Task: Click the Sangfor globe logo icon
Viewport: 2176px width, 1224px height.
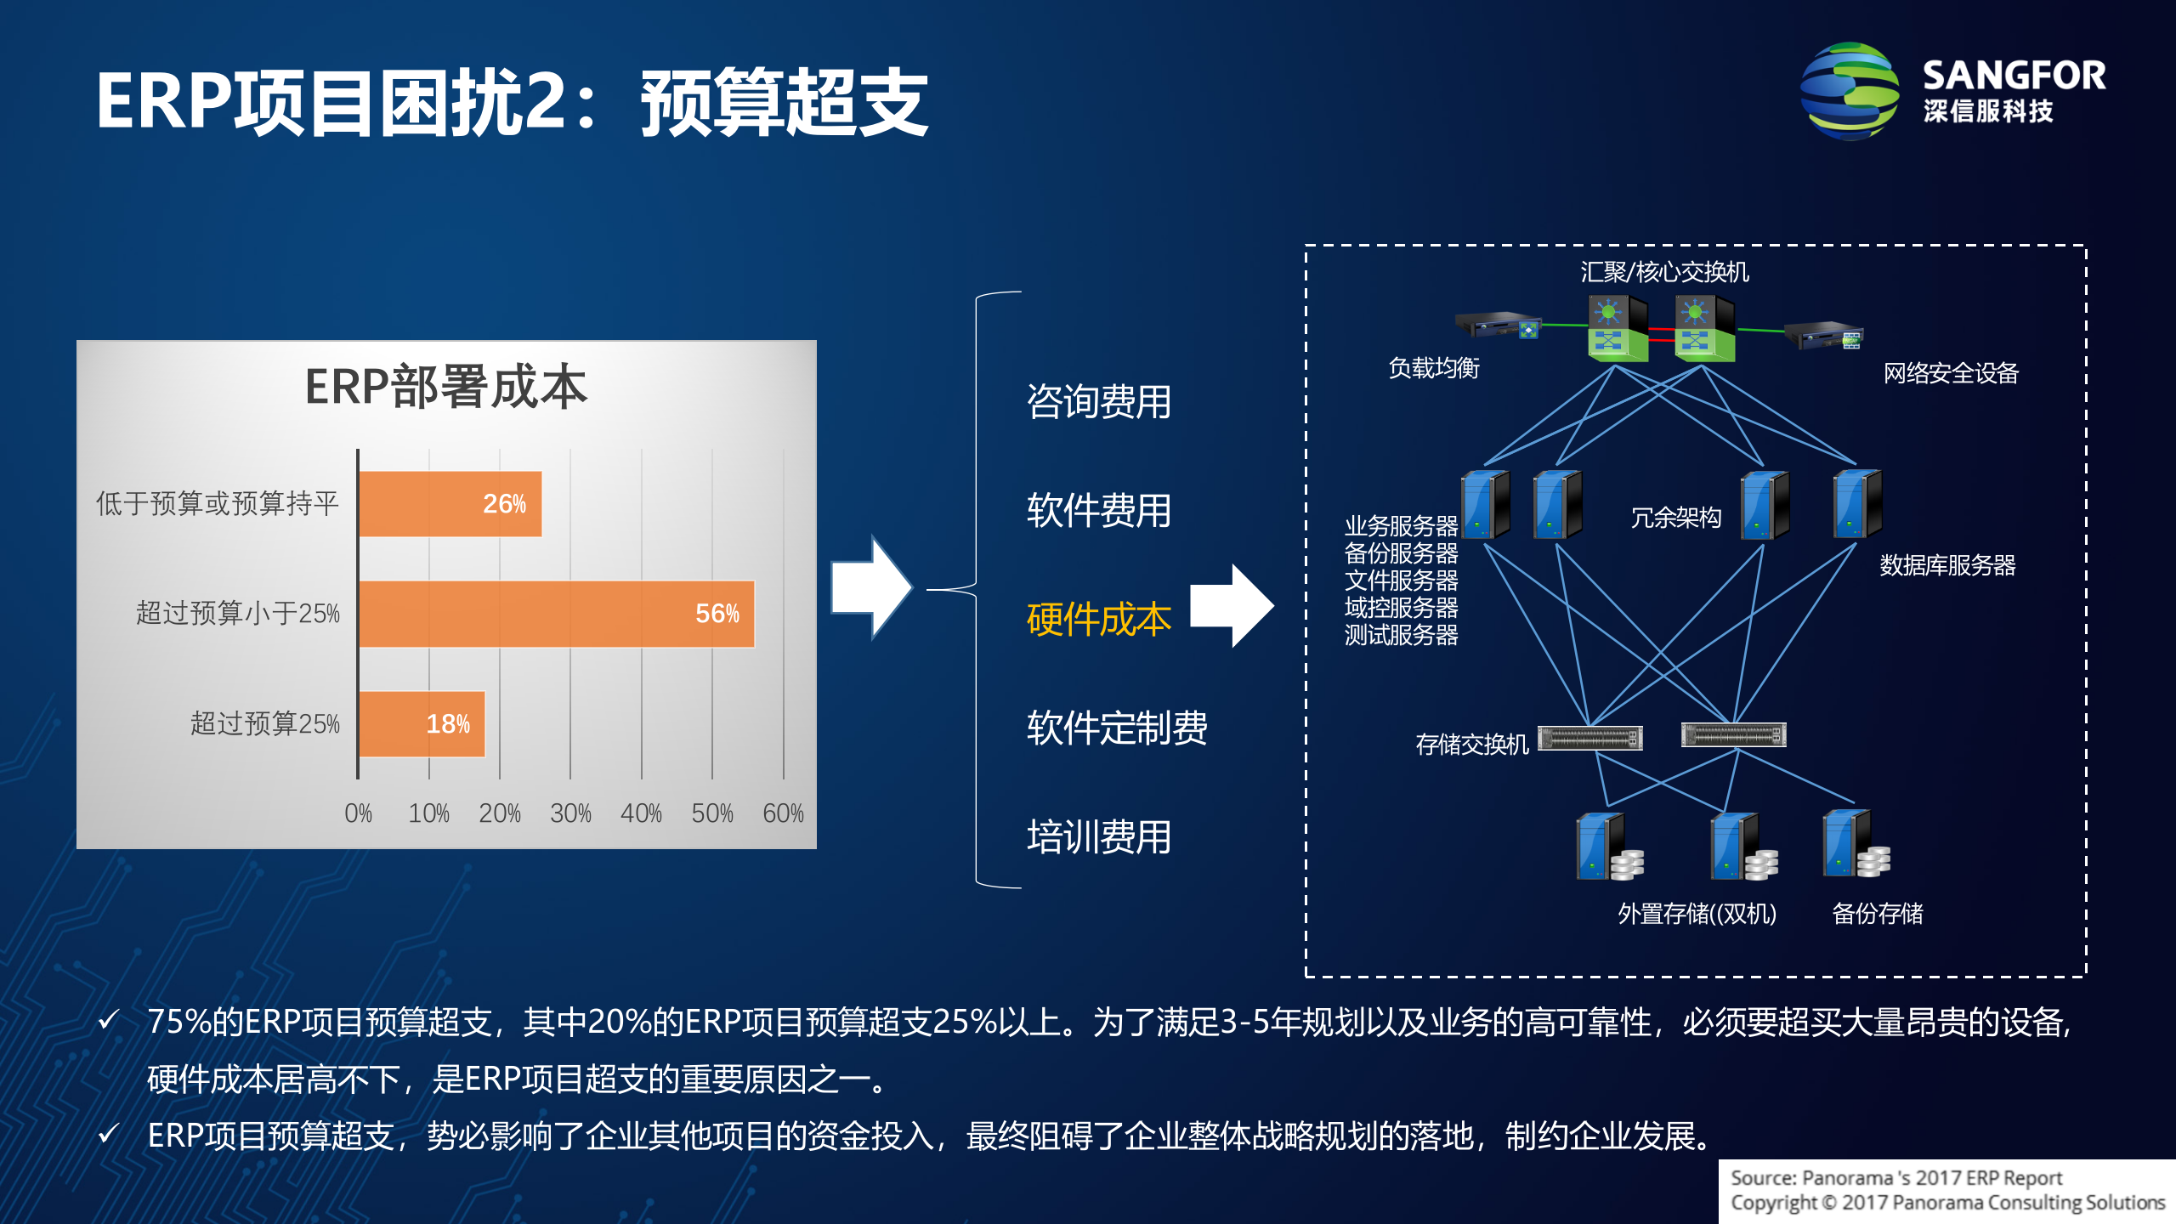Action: [1850, 92]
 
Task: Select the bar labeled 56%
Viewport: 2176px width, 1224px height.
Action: [557, 614]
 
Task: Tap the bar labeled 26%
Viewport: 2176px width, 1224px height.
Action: [450, 504]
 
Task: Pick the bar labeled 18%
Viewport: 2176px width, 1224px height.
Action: [422, 724]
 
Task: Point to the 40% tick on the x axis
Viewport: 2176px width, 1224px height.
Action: [641, 813]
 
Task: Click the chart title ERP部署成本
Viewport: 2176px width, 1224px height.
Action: [446, 387]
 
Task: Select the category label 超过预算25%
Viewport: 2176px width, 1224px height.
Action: [264, 724]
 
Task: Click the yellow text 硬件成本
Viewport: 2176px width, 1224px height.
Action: [1098, 619]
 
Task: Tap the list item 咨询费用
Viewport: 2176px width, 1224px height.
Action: [1098, 401]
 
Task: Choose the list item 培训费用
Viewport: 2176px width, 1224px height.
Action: [1098, 837]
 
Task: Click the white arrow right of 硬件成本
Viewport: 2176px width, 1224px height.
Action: [1232, 605]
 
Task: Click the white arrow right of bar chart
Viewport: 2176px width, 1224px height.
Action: [871, 587]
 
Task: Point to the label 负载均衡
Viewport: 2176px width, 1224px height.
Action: [1433, 368]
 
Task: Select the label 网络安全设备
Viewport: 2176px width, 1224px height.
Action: [1950, 373]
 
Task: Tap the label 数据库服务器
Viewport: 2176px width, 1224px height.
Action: [1946, 565]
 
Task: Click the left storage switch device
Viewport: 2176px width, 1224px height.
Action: [1589, 738]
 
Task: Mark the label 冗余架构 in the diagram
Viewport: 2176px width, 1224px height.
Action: [1675, 518]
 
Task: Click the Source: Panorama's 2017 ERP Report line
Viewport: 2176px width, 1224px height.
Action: [1895, 1178]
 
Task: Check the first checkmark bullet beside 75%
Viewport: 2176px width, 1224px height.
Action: [108, 1020]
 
